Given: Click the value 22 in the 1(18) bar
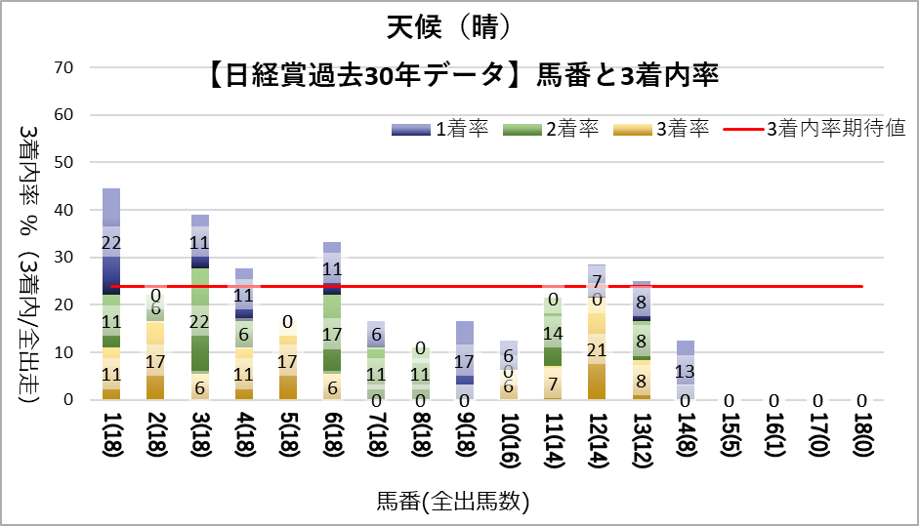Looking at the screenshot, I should click(111, 242).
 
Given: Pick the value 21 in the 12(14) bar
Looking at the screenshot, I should click(598, 349).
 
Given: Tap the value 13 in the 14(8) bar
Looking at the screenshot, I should click(687, 371).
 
